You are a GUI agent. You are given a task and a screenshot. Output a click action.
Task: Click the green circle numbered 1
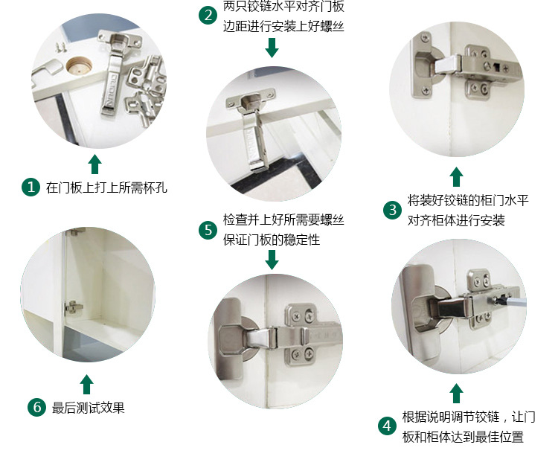point(31,187)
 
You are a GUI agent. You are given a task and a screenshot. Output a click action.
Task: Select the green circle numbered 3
point(392,210)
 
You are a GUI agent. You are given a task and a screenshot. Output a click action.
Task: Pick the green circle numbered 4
point(386,426)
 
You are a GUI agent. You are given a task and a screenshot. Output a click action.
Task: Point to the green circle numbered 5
point(208,230)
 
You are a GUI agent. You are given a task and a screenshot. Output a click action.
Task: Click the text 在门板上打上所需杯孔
point(106,187)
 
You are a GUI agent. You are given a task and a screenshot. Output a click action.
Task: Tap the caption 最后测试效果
point(88,408)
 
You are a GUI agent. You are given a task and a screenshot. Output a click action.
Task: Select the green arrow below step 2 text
point(272,48)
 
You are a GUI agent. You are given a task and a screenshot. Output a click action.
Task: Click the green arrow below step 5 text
point(272,260)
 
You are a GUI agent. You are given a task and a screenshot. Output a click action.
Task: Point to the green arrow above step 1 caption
point(94,164)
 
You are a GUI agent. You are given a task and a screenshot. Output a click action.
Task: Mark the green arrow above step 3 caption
point(456,176)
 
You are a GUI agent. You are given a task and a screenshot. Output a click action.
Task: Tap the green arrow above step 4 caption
point(456,393)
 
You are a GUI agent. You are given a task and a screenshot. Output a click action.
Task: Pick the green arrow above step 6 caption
point(87,384)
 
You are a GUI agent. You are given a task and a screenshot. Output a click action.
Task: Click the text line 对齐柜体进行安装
point(456,220)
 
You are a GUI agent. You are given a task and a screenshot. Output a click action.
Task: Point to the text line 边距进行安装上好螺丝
point(283,26)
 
